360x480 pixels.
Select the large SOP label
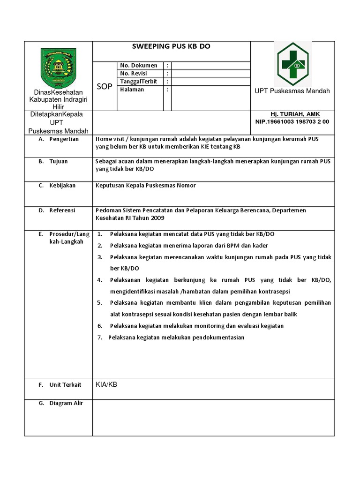point(105,87)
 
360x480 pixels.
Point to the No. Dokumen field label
point(138,66)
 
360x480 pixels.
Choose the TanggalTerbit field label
point(138,82)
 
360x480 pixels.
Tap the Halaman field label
point(132,90)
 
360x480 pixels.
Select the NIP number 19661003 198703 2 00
point(292,121)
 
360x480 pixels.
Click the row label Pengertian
point(64,139)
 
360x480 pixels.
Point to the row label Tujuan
point(59,161)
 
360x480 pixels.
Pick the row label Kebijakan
point(62,186)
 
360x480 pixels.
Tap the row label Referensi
point(62,210)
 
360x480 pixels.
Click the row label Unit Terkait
point(65,385)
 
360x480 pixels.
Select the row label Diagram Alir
point(66,403)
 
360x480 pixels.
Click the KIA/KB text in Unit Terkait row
point(106,384)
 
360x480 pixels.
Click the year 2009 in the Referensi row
point(157,218)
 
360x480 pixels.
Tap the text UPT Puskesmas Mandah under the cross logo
point(292,91)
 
